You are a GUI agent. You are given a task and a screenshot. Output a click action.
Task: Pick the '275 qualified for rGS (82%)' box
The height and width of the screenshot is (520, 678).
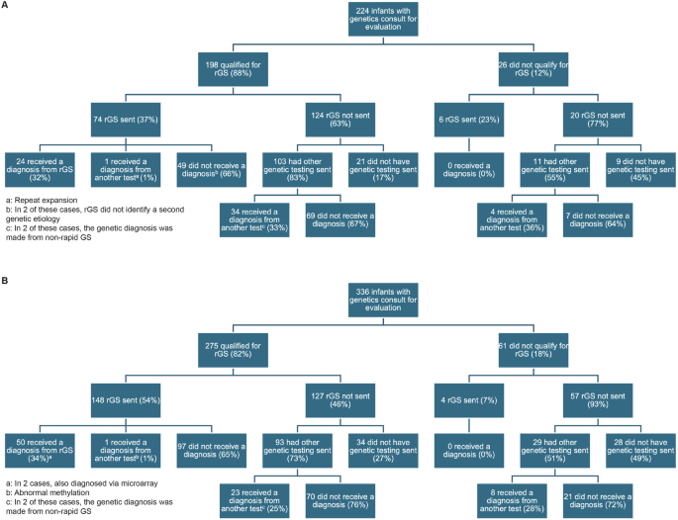coord(233,348)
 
